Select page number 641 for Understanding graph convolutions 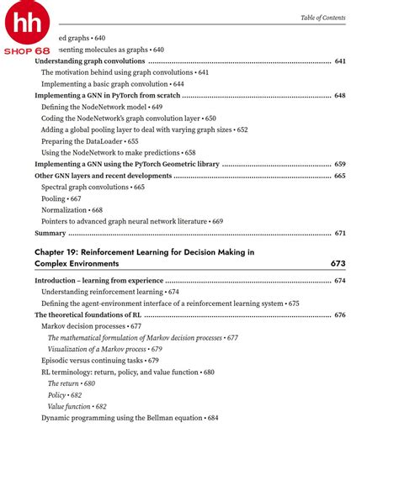click(340, 61)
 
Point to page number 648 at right click(340, 96)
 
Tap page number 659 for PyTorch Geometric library click(340, 165)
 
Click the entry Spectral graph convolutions click(93, 187)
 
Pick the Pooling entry click(61, 198)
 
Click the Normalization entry click(72, 210)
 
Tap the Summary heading click(50, 233)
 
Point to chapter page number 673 click(338, 264)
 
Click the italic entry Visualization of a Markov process click(104, 349)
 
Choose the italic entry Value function click(77, 406)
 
